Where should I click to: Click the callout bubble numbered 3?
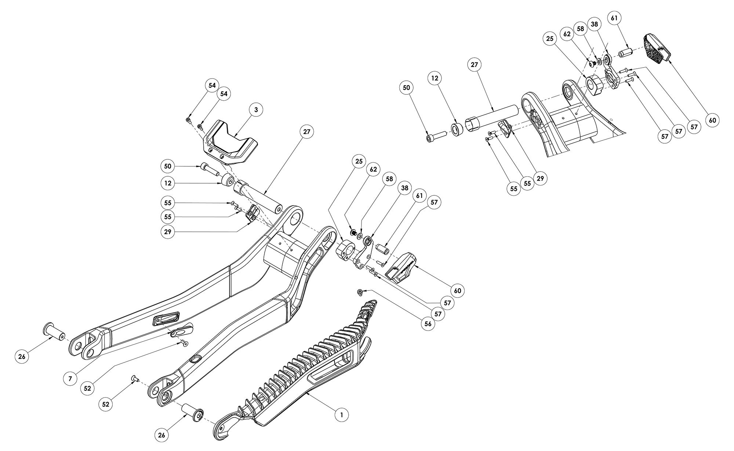tap(256, 109)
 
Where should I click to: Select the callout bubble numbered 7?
tap(70, 379)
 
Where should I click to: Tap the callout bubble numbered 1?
tap(342, 415)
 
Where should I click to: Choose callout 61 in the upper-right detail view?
tap(615, 18)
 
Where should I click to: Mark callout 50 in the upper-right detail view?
tap(407, 88)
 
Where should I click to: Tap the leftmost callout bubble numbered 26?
tap(21, 357)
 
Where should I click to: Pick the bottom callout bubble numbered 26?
tap(162, 435)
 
